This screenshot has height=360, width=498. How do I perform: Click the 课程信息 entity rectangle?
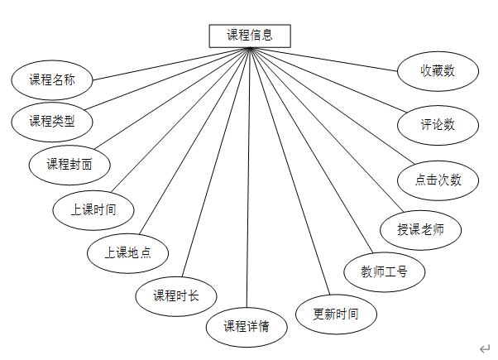250,36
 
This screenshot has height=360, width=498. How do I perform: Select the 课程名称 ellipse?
52,80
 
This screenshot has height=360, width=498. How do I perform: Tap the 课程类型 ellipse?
52,122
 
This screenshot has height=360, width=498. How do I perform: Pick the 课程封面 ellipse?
69,165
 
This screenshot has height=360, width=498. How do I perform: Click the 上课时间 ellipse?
93,209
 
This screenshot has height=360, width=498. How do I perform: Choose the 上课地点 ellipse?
127,252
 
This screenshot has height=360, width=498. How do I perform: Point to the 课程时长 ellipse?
176,295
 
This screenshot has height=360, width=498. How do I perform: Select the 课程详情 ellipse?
247,325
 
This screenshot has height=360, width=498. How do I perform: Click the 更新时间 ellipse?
336,314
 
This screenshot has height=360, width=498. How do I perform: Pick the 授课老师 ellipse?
420,229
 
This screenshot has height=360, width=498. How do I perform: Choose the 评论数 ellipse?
438,125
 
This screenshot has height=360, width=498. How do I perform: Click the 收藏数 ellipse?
438,71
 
